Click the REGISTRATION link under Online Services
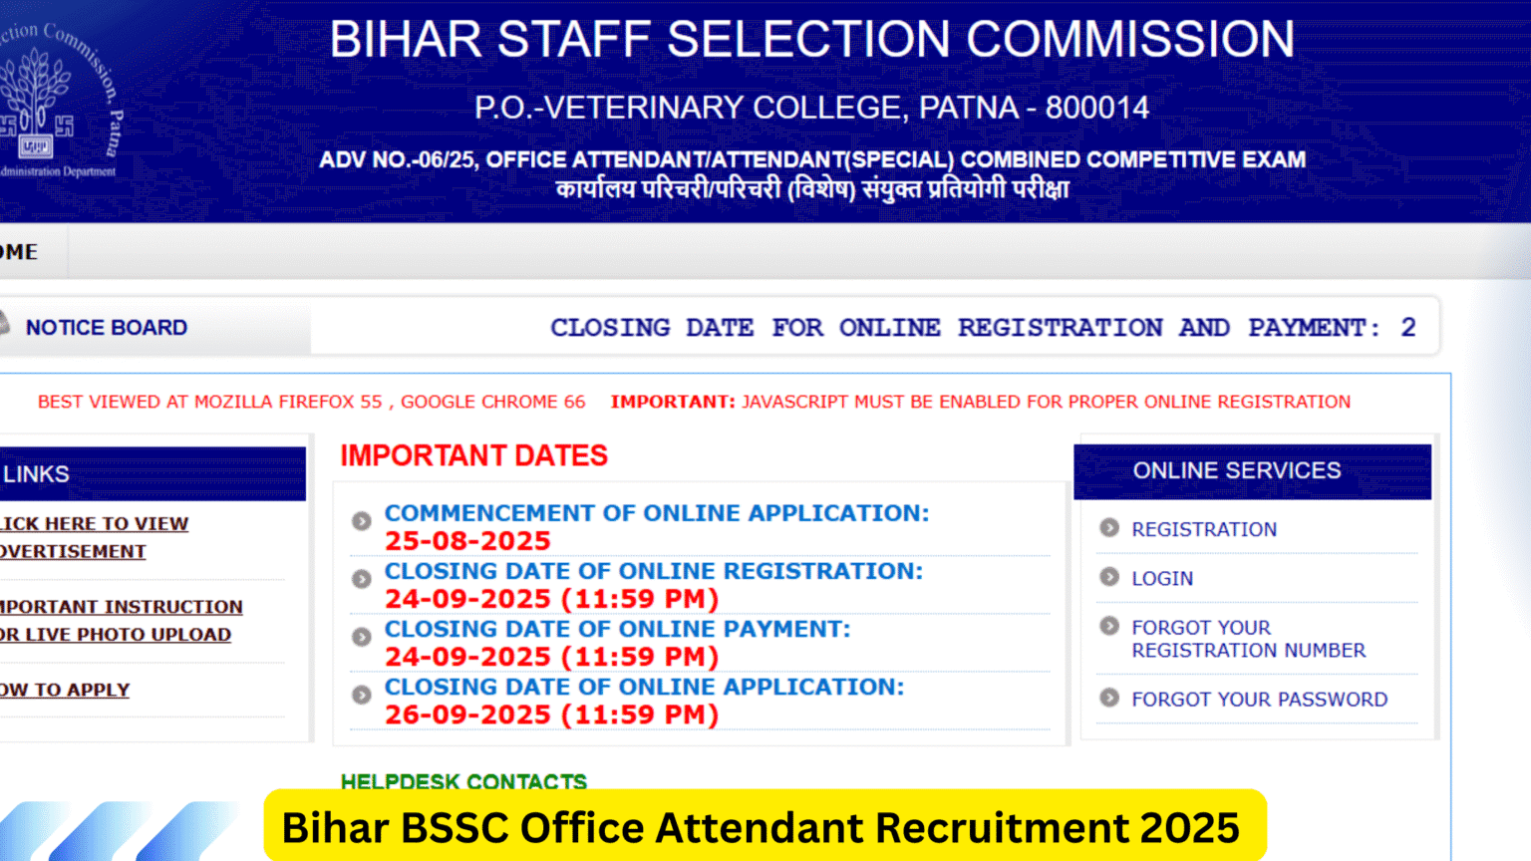[1203, 529]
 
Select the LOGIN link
[1161, 578]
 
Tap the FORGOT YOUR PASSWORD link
[1259, 700]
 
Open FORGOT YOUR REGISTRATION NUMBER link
[1247, 639]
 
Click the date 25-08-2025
[467, 541]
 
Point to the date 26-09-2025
[467, 715]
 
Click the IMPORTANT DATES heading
[473, 455]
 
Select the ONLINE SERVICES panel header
[1236, 470]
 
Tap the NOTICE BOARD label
[107, 328]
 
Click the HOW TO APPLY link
[65, 690]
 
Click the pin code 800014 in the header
[1096, 108]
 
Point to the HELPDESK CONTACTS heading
[463, 781]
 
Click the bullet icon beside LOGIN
[1108, 577]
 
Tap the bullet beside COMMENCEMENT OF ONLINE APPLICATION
[361, 520]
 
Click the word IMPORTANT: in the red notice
[673, 402]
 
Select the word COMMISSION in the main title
[1130, 40]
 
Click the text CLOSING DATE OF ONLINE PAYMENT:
[617, 629]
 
